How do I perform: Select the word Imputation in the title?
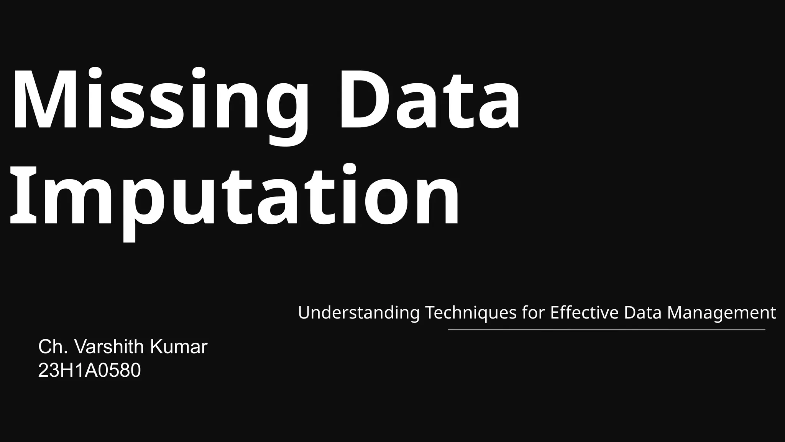[234, 196]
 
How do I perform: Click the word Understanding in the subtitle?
[359, 313]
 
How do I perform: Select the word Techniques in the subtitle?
[471, 313]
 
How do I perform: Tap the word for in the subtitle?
[533, 313]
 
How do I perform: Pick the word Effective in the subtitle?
[584, 313]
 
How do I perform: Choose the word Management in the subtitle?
[721, 313]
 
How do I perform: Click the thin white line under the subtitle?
[606, 330]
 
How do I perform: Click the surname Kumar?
[179, 347]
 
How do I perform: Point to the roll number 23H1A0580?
[89, 371]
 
